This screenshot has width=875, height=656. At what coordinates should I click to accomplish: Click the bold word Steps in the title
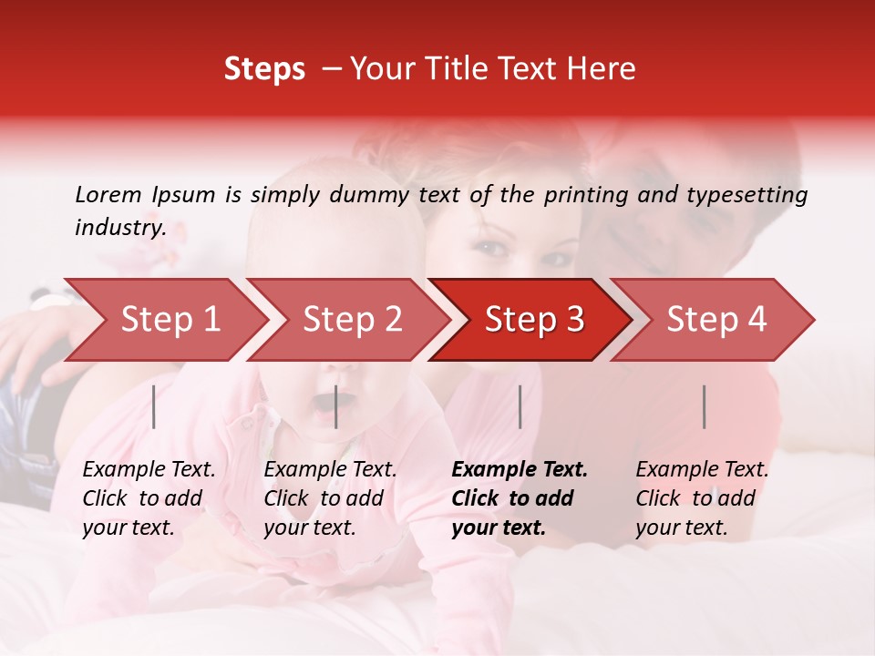tap(264, 69)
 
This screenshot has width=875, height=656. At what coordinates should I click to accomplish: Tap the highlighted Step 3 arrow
tap(534, 320)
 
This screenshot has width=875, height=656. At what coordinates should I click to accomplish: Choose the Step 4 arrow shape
tap(716, 320)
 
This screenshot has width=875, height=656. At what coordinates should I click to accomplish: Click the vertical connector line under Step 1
tap(154, 406)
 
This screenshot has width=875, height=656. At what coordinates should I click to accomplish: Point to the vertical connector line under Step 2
tap(336, 406)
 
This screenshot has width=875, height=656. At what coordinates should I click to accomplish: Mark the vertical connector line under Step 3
tap(520, 406)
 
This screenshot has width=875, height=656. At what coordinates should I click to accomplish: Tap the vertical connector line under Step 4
tap(704, 406)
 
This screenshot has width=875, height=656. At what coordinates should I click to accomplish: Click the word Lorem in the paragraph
tap(108, 195)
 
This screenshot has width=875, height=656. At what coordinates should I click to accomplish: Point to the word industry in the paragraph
tap(119, 228)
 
